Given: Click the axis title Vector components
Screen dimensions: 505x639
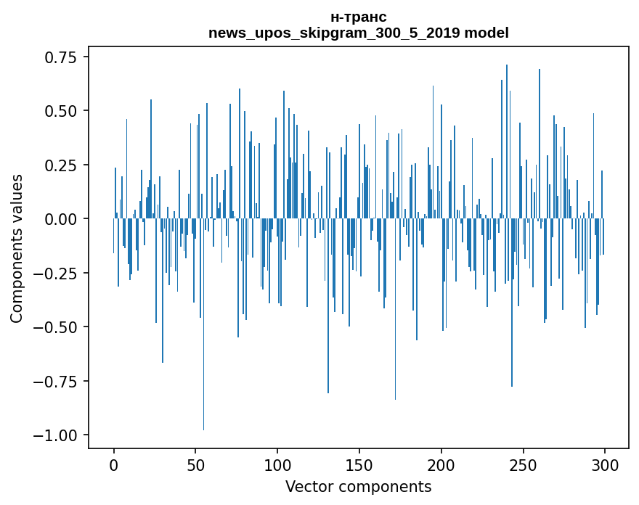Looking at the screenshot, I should coord(359,487).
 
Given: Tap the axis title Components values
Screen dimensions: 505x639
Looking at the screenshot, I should coord(17,248).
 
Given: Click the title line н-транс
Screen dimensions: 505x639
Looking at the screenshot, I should coord(359,17).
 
